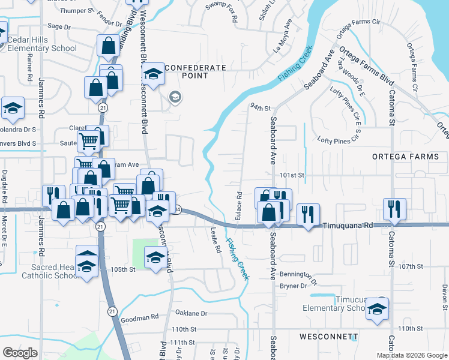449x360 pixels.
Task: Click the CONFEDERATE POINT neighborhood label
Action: coord(186,71)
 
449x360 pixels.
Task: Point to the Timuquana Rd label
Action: coord(348,226)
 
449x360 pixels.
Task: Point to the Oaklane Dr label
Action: coord(191,313)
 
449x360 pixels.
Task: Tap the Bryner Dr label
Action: coord(294,286)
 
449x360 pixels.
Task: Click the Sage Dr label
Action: coord(59,26)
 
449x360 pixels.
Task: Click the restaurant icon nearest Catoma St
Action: coord(394,209)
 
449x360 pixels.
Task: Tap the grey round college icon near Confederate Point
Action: coord(175,97)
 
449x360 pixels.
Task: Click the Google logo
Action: coord(20,353)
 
